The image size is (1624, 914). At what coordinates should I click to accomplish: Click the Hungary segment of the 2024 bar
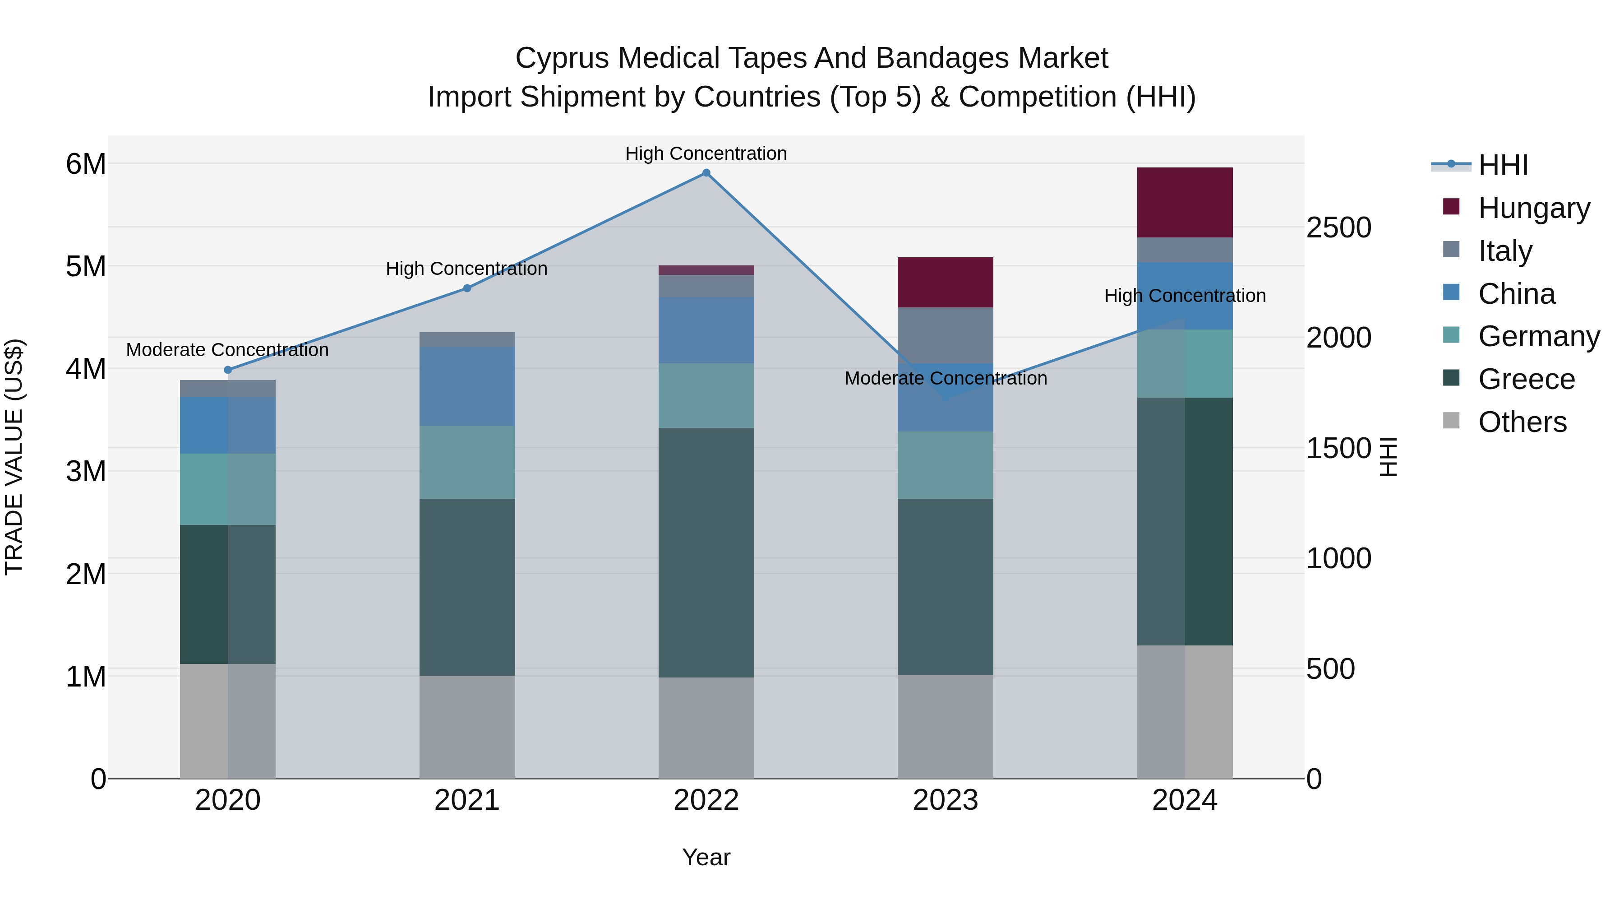(1185, 203)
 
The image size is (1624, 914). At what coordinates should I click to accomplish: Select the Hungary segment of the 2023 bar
(945, 282)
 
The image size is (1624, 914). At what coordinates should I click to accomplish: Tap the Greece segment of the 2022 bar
(706, 552)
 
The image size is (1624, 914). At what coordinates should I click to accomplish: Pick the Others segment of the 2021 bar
(467, 727)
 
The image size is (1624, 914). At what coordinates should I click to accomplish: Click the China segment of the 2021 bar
(467, 386)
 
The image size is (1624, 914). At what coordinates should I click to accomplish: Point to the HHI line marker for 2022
(706, 173)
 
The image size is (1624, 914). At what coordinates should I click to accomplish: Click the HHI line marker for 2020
(228, 370)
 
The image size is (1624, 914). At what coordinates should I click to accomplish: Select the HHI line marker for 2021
(467, 288)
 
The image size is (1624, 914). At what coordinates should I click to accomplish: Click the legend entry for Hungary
(1533, 208)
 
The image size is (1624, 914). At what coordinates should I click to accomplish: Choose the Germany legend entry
(1538, 336)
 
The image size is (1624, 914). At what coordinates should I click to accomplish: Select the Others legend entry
(1522, 422)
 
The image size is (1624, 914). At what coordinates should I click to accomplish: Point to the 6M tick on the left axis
(86, 164)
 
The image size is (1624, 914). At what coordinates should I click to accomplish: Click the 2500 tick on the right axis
(1338, 228)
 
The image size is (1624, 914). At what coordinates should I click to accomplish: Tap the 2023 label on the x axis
(945, 800)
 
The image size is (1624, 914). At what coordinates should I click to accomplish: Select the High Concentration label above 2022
(706, 153)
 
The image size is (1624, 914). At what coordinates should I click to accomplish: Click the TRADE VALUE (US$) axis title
(14, 457)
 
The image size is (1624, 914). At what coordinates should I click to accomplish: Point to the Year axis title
(706, 857)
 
